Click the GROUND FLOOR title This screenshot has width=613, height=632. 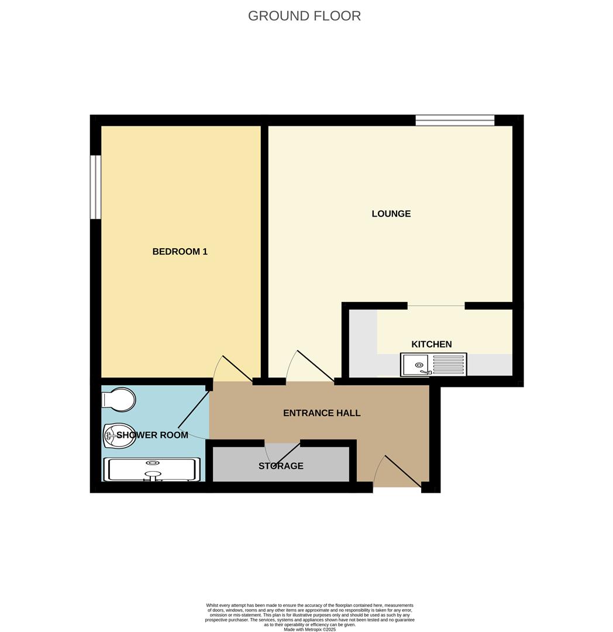(304, 16)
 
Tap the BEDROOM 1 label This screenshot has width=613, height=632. (180, 252)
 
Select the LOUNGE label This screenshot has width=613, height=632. (391, 214)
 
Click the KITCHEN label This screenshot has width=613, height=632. (431, 344)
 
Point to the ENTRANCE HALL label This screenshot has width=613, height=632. (321, 413)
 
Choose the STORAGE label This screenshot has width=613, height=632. (281, 466)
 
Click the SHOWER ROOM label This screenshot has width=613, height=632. (152, 435)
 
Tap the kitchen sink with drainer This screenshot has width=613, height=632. (433, 365)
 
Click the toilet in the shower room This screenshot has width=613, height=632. (119, 400)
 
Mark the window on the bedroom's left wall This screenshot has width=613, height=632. (95, 187)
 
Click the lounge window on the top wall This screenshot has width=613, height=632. (454, 120)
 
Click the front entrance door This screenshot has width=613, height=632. (402, 472)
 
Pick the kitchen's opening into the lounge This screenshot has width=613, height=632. (436, 306)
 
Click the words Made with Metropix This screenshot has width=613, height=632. (309, 629)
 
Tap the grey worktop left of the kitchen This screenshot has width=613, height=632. (363, 343)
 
